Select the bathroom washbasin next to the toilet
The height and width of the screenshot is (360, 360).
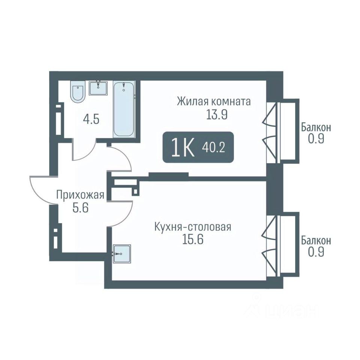pyautogui.click(x=99, y=88)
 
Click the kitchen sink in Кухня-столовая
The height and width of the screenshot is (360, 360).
pyautogui.click(x=121, y=253)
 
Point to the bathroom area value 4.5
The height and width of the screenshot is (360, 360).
pyautogui.click(x=91, y=120)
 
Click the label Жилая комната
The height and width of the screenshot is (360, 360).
pyautogui.click(x=213, y=102)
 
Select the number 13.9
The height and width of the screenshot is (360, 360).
pyautogui.click(x=217, y=115)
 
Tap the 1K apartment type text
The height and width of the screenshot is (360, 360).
pyautogui.click(x=183, y=148)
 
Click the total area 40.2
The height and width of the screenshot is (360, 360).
pyautogui.click(x=213, y=148)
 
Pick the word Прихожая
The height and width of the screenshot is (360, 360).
pyautogui.click(x=80, y=195)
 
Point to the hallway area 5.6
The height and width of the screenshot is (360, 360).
pyautogui.click(x=80, y=208)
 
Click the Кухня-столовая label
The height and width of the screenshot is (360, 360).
pyautogui.click(x=193, y=227)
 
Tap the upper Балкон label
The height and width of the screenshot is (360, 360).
pyautogui.click(x=316, y=127)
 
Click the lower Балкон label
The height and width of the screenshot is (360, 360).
pyautogui.click(x=316, y=241)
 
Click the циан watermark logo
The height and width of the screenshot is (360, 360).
pyautogui.click(x=283, y=310)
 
